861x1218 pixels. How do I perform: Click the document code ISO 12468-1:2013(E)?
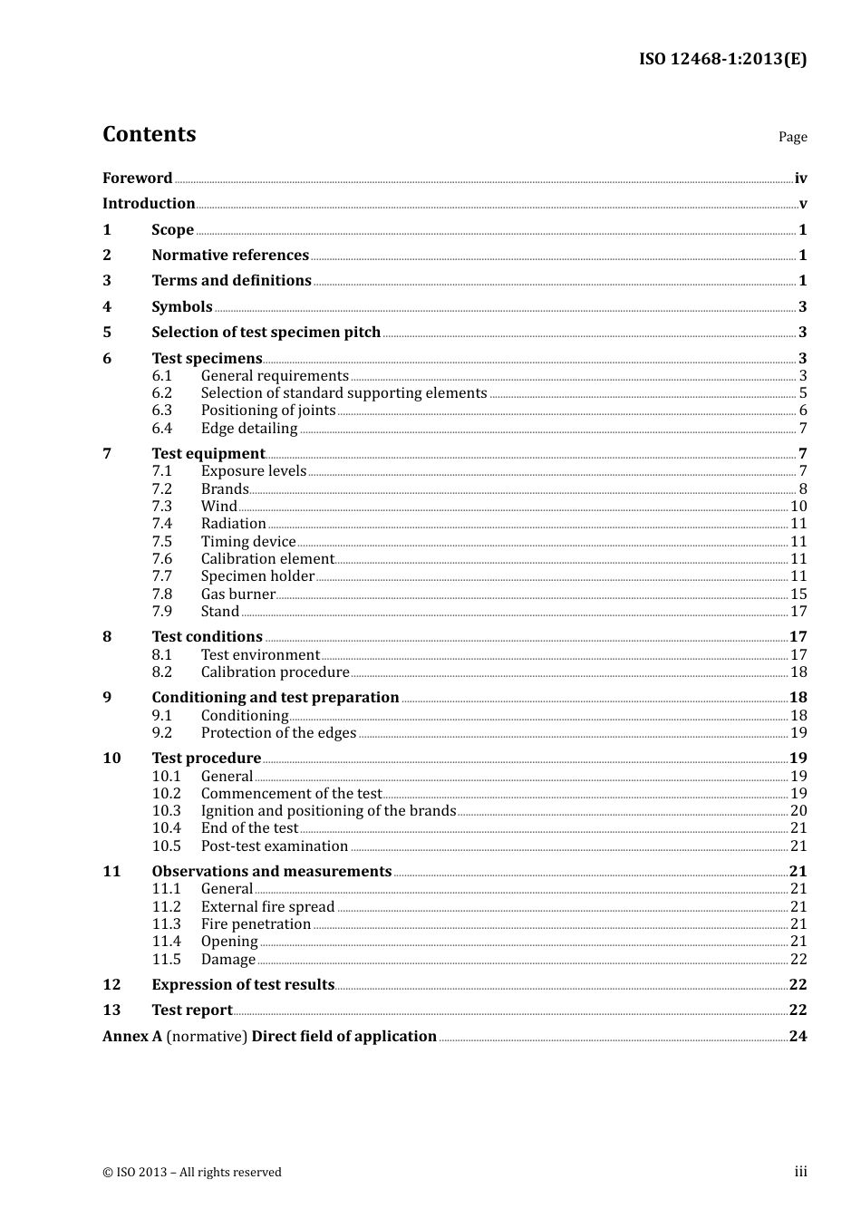722,59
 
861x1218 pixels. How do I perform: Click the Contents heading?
149,134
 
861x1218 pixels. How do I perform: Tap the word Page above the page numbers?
792,137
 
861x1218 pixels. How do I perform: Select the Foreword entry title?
137,179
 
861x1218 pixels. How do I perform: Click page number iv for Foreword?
800,179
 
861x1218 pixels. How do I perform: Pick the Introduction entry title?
149,204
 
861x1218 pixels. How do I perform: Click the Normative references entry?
230,256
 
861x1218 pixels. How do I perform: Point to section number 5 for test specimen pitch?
107,333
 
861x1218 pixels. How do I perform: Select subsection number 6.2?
162,393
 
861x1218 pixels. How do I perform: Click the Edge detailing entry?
249,429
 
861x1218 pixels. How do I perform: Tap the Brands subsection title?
225,489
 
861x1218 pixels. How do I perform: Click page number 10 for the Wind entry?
798,507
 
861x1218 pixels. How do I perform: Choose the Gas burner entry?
238,594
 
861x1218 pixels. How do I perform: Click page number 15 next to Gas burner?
798,594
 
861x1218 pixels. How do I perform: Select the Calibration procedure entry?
275,672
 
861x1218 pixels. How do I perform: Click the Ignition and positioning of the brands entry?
328,811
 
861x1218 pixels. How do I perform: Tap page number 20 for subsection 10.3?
798,811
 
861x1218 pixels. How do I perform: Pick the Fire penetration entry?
256,924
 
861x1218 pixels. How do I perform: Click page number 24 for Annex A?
798,1037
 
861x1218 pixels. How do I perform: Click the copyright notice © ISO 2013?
192,1173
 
